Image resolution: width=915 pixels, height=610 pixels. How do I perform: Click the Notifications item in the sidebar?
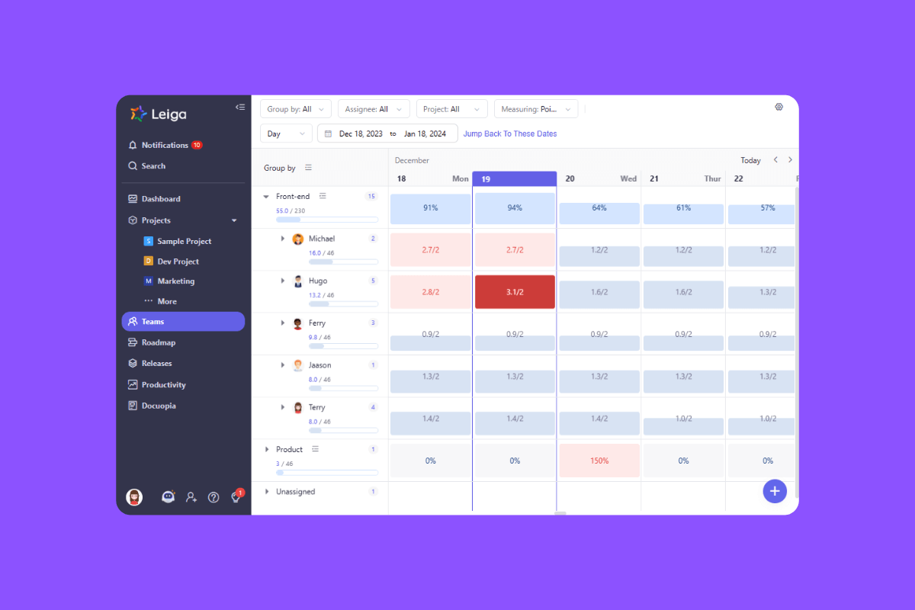tap(164, 145)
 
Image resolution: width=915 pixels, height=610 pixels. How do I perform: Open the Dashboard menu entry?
tap(160, 199)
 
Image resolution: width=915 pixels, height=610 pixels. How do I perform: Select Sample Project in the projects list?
tap(184, 241)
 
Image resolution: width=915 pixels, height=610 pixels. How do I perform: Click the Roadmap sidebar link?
tap(158, 342)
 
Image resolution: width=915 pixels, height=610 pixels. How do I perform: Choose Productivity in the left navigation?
tap(163, 385)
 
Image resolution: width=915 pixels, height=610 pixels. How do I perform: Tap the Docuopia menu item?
tap(158, 406)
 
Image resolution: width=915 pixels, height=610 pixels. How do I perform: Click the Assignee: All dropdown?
tap(374, 109)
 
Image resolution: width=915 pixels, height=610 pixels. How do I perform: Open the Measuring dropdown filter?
tap(535, 109)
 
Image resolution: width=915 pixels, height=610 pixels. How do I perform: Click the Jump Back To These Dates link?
tap(510, 133)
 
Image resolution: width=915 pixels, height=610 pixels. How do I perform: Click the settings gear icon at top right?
tap(779, 107)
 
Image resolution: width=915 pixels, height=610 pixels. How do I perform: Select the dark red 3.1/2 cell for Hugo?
tap(515, 292)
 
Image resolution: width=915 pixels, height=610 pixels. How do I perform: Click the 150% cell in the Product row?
tap(599, 461)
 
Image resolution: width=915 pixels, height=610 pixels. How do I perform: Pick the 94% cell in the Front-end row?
tap(515, 208)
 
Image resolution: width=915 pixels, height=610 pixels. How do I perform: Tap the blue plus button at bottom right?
tap(774, 491)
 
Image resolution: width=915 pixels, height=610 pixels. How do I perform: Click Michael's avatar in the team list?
tap(298, 239)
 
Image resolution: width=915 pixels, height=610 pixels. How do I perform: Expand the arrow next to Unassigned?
tap(267, 492)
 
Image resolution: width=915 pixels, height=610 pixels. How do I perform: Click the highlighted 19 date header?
tap(514, 178)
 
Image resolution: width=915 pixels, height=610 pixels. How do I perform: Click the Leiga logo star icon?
tap(138, 114)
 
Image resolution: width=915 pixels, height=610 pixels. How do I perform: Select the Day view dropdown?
tap(286, 133)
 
